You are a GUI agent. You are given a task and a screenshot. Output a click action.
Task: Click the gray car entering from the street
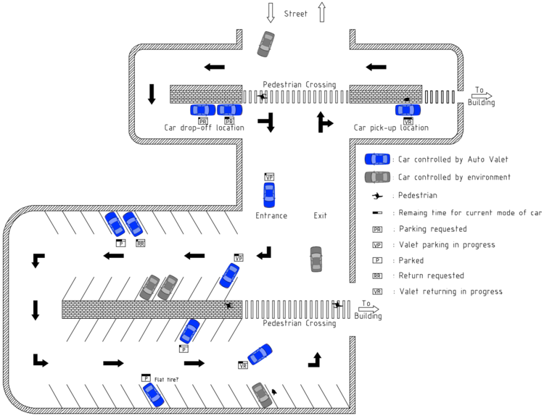coord(266,43)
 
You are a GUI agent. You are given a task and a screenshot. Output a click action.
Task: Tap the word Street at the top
coord(295,13)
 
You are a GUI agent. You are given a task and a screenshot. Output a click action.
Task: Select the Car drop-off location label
coord(204,128)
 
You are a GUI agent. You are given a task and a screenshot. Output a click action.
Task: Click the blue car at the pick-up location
coord(408,110)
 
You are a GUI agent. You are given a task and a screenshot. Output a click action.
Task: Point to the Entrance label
coord(271,216)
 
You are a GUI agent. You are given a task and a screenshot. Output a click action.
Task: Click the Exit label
coord(320,216)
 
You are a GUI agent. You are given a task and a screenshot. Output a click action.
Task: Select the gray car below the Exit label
coord(316,259)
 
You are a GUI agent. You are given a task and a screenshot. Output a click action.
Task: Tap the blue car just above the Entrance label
coord(269,194)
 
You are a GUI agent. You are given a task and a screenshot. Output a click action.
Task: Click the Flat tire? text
coord(166,379)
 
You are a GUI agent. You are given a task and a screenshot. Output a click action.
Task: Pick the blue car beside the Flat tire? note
coord(153,394)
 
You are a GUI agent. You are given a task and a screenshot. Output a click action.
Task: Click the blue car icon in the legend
coord(377,159)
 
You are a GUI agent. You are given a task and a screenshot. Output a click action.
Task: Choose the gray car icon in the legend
coord(377,177)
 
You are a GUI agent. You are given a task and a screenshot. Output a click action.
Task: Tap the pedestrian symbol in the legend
coord(377,196)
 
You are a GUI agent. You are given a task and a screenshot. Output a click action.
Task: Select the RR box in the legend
coord(377,276)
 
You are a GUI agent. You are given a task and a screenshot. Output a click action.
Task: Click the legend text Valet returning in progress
coord(450,292)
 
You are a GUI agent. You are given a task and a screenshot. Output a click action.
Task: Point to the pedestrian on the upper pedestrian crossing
coord(262,96)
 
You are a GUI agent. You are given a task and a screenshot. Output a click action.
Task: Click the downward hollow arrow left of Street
coord(271,12)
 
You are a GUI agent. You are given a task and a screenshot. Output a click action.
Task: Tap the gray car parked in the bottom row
coord(261,395)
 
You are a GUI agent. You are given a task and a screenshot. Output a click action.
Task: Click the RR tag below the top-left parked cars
coord(140,244)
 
